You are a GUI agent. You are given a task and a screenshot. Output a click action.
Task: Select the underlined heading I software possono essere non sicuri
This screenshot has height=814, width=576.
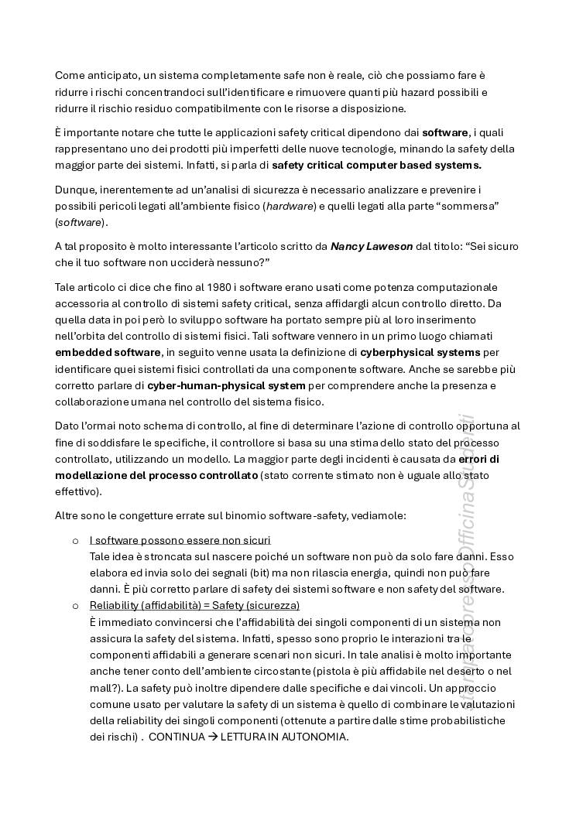pos(180,539)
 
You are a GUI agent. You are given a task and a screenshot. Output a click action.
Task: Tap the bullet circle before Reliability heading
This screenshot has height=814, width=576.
pos(75,605)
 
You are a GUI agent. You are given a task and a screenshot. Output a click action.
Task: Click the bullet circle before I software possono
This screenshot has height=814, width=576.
pos(75,539)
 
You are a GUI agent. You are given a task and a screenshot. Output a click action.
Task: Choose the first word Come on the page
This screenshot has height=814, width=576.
pos(70,75)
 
